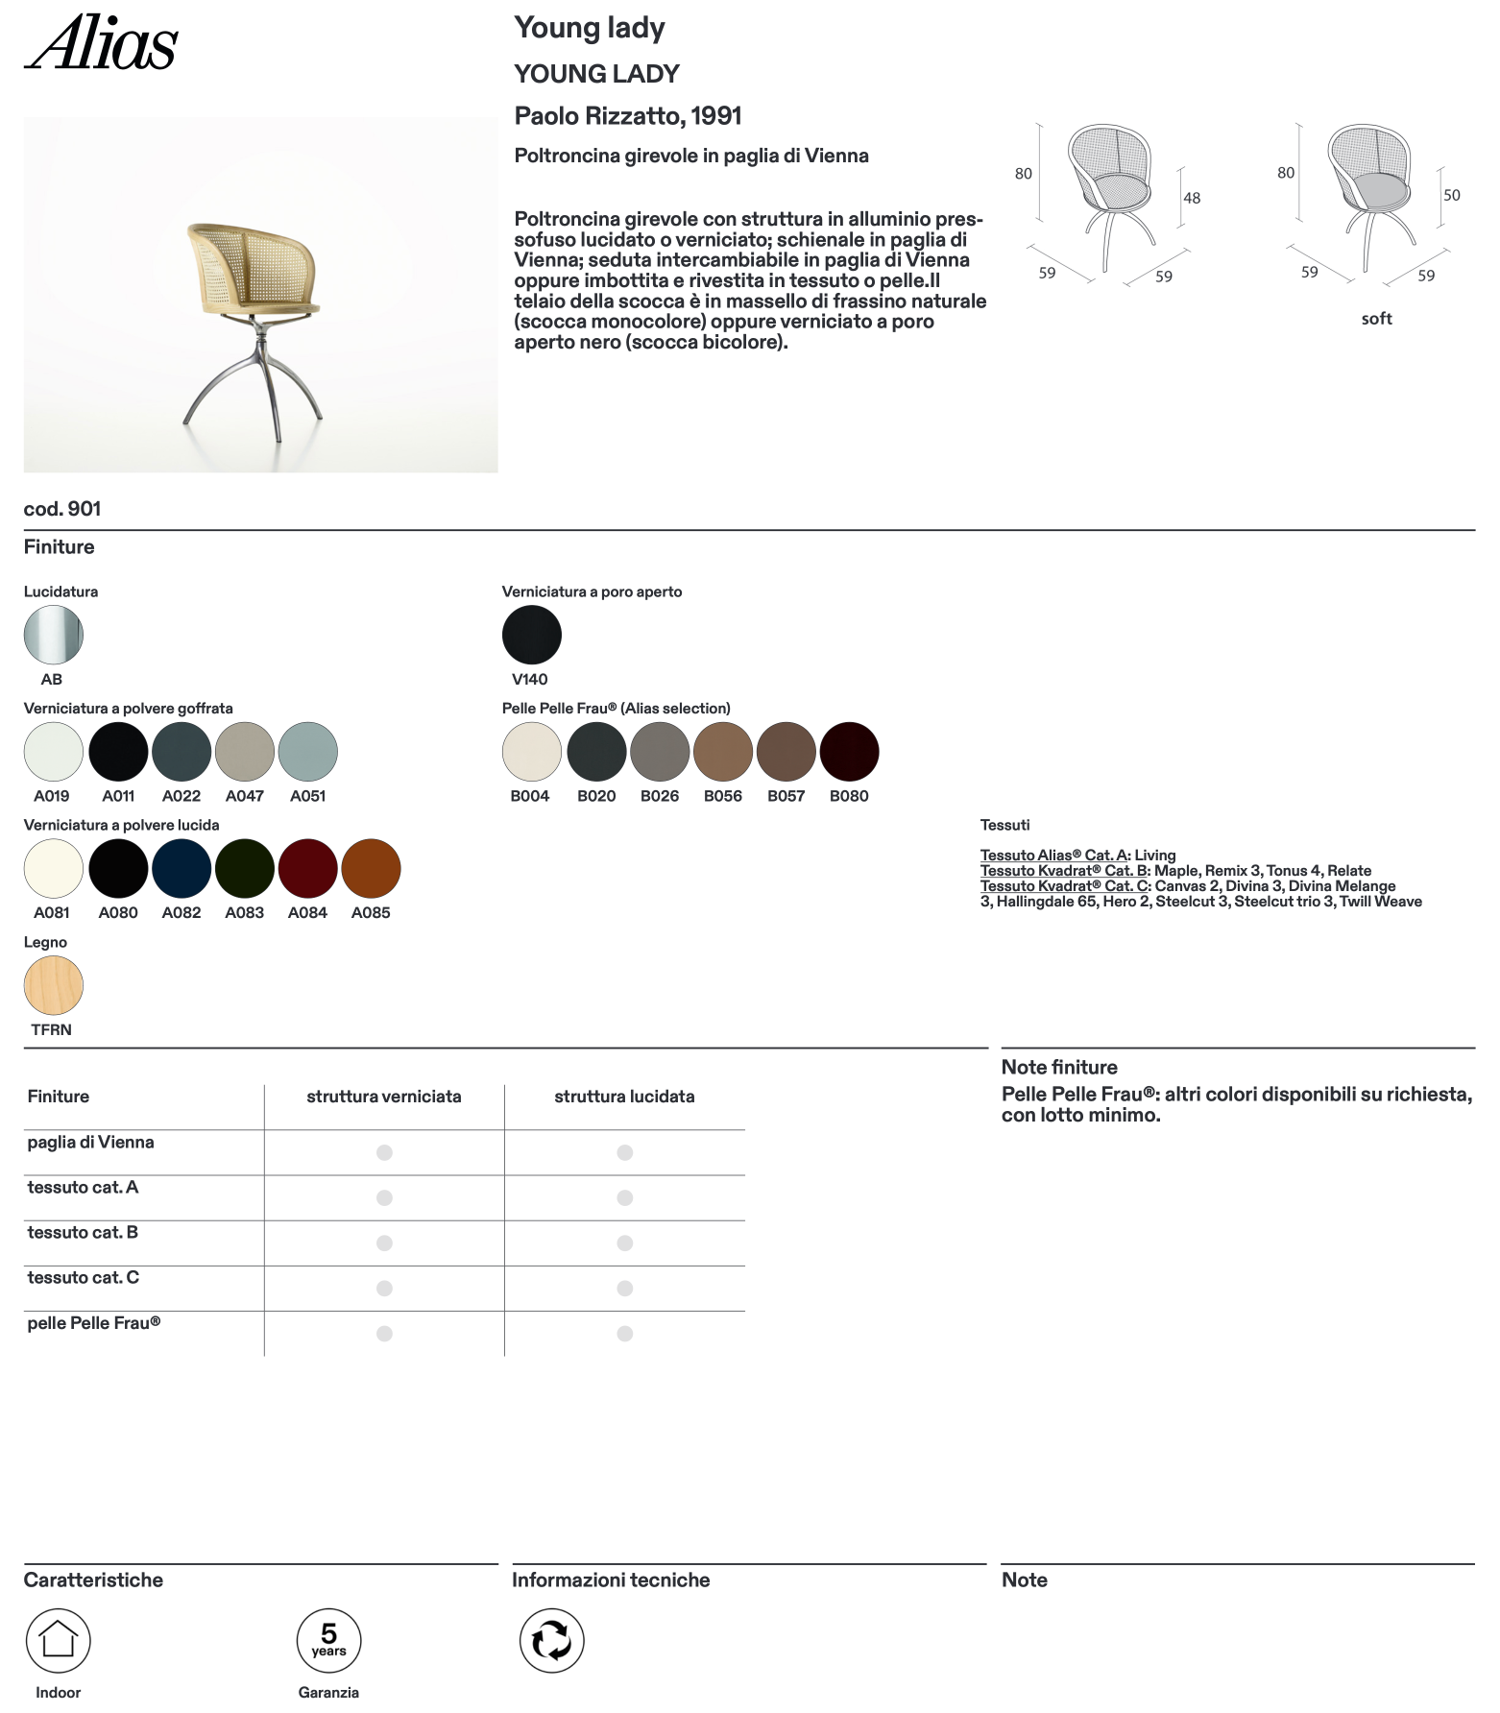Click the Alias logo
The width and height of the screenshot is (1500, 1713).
pyautogui.click(x=101, y=43)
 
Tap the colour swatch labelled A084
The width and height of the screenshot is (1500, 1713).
pyautogui.click(x=307, y=868)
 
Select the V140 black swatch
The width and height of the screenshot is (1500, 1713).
pyautogui.click(x=531, y=635)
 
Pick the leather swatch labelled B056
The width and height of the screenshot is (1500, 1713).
pyautogui.click(x=722, y=752)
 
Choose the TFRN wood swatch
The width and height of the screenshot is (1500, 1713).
pyautogui.click(x=54, y=985)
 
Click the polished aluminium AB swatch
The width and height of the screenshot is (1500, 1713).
pyautogui.click(x=54, y=635)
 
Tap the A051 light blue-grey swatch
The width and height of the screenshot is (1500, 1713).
pyautogui.click(x=307, y=752)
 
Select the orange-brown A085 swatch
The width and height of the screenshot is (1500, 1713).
pyautogui.click(x=371, y=868)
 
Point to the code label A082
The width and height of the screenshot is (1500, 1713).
pyautogui.click(x=181, y=913)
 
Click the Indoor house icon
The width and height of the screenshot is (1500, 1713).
pyautogui.click(x=59, y=1640)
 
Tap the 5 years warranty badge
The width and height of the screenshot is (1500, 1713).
pyautogui.click(x=328, y=1640)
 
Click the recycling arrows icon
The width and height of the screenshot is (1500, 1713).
pyautogui.click(x=551, y=1640)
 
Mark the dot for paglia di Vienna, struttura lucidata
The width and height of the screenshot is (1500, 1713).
pyautogui.click(x=624, y=1152)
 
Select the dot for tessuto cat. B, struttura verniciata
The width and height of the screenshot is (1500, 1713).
pyautogui.click(x=384, y=1243)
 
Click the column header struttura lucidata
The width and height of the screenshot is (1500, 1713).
pyautogui.click(x=624, y=1097)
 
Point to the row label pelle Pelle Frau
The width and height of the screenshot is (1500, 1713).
pyautogui.click(x=93, y=1323)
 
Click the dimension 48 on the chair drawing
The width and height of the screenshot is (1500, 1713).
pyautogui.click(x=1192, y=198)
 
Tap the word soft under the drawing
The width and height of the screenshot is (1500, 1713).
pyautogui.click(x=1376, y=319)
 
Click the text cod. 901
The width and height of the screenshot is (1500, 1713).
pyautogui.click(x=62, y=509)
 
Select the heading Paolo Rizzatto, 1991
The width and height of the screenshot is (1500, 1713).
pyautogui.click(x=628, y=116)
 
